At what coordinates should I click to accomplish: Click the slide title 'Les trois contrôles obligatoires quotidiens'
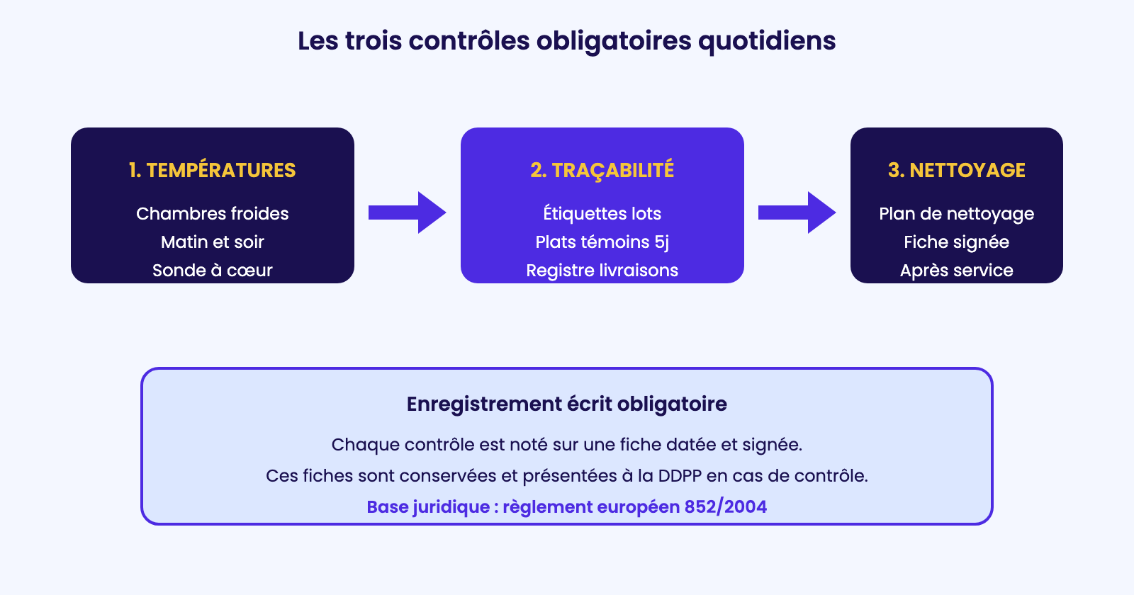coord(566,41)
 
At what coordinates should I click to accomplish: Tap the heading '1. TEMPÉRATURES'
coord(212,170)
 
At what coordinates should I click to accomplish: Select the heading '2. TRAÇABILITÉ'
coord(602,170)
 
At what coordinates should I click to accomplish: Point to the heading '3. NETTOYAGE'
coord(956,170)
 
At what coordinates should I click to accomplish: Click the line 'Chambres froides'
coord(212,213)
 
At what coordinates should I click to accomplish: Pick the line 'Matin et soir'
coord(212,242)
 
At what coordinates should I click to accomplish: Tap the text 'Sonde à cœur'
coord(212,270)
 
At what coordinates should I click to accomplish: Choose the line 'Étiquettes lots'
coord(602,213)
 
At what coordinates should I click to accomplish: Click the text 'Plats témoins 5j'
coord(602,242)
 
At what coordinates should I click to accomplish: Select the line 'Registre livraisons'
coord(602,271)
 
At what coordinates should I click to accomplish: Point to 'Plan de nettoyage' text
coord(956,214)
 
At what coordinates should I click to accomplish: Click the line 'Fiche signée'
coord(956,242)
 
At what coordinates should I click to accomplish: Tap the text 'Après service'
coord(956,271)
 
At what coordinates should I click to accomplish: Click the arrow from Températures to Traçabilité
coord(408,212)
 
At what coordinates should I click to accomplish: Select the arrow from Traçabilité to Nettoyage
coord(797,212)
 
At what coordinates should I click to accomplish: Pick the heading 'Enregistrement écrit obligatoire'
coord(566,404)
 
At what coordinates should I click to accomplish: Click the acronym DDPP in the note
coord(680,475)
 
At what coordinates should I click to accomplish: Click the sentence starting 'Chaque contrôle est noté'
coord(566,445)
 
